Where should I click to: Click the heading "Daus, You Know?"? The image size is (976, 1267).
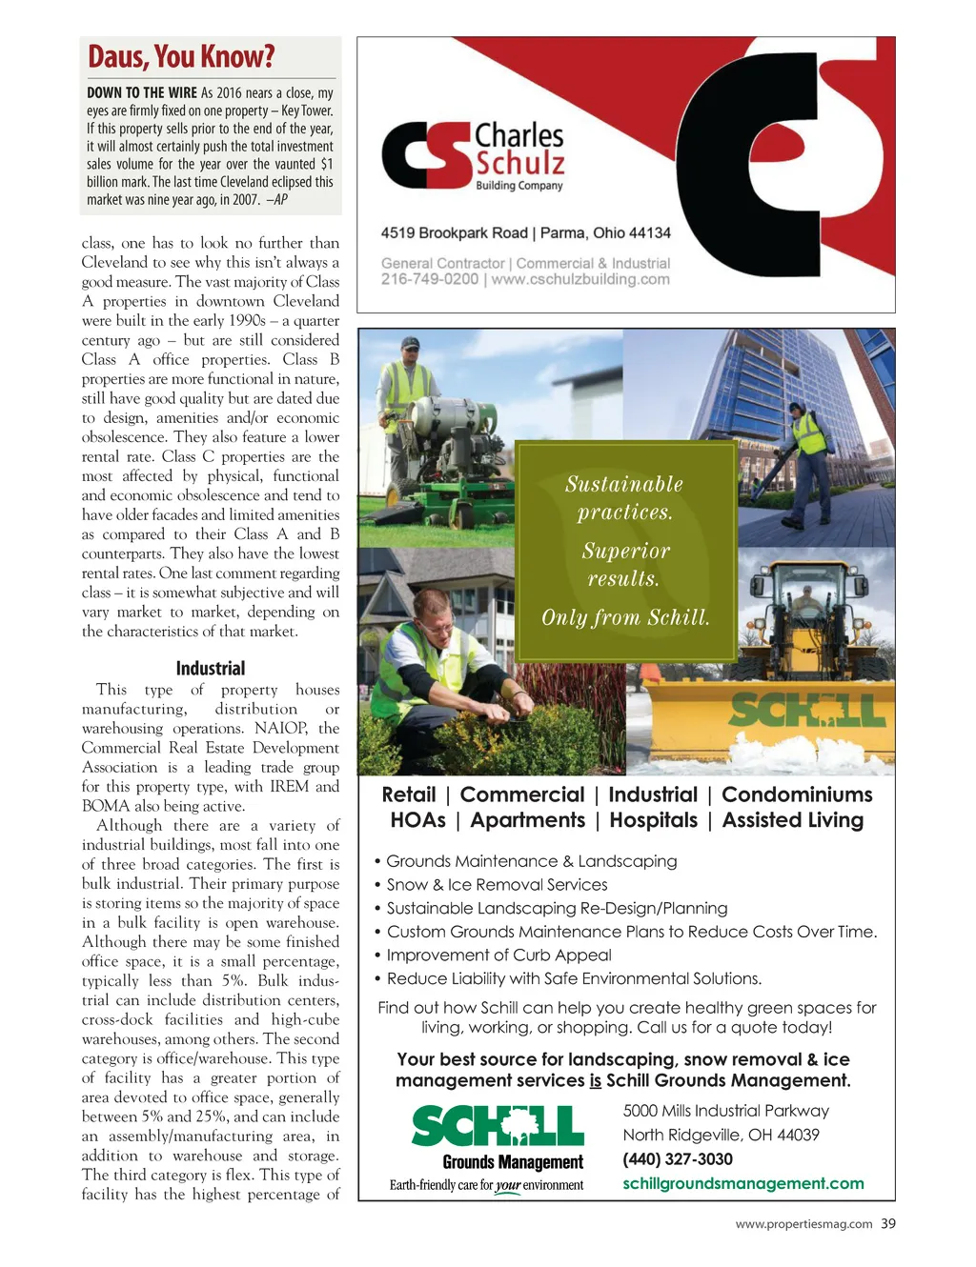click(181, 57)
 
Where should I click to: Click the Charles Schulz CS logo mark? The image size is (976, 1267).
click(426, 155)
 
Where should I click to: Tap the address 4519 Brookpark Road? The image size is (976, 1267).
click(454, 233)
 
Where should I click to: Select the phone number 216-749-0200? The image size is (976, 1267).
click(430, 279)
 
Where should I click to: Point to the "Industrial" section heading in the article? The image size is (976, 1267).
click(211, 669)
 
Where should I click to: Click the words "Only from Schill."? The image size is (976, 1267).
click(625, 617)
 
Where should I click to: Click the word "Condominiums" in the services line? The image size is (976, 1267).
click(797, 794)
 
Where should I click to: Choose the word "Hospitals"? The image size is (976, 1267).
click(653, 820)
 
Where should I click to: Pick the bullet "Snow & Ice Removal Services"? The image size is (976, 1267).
click(497, 885)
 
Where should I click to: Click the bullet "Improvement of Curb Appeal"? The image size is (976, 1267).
click(498, 955)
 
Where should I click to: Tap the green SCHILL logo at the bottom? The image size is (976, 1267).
click(498, 1127)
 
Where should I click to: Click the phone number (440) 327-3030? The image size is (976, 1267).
click(678, 1159)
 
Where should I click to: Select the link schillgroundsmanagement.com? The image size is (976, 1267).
click(743, 1183)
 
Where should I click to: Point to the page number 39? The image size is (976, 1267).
click(888, 1224)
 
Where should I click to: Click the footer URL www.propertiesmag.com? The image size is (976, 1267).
click(803, 1225)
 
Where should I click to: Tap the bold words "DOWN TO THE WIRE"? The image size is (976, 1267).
click(142, 93)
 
